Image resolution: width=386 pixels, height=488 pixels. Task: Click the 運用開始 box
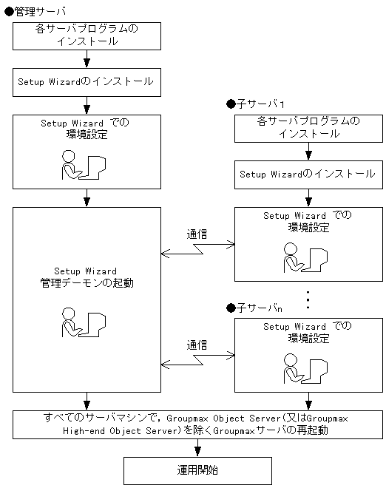[x=197, y=469]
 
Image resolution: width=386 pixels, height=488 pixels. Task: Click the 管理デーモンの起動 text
[x=87, y=282]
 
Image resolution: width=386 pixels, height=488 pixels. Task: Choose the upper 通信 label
[x=197, y=234]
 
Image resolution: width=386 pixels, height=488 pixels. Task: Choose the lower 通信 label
[x=197, y=344]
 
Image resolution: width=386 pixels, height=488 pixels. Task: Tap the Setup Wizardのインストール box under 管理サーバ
[x=87, y=81]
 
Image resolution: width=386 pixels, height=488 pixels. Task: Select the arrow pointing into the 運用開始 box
[x=197, y=448]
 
